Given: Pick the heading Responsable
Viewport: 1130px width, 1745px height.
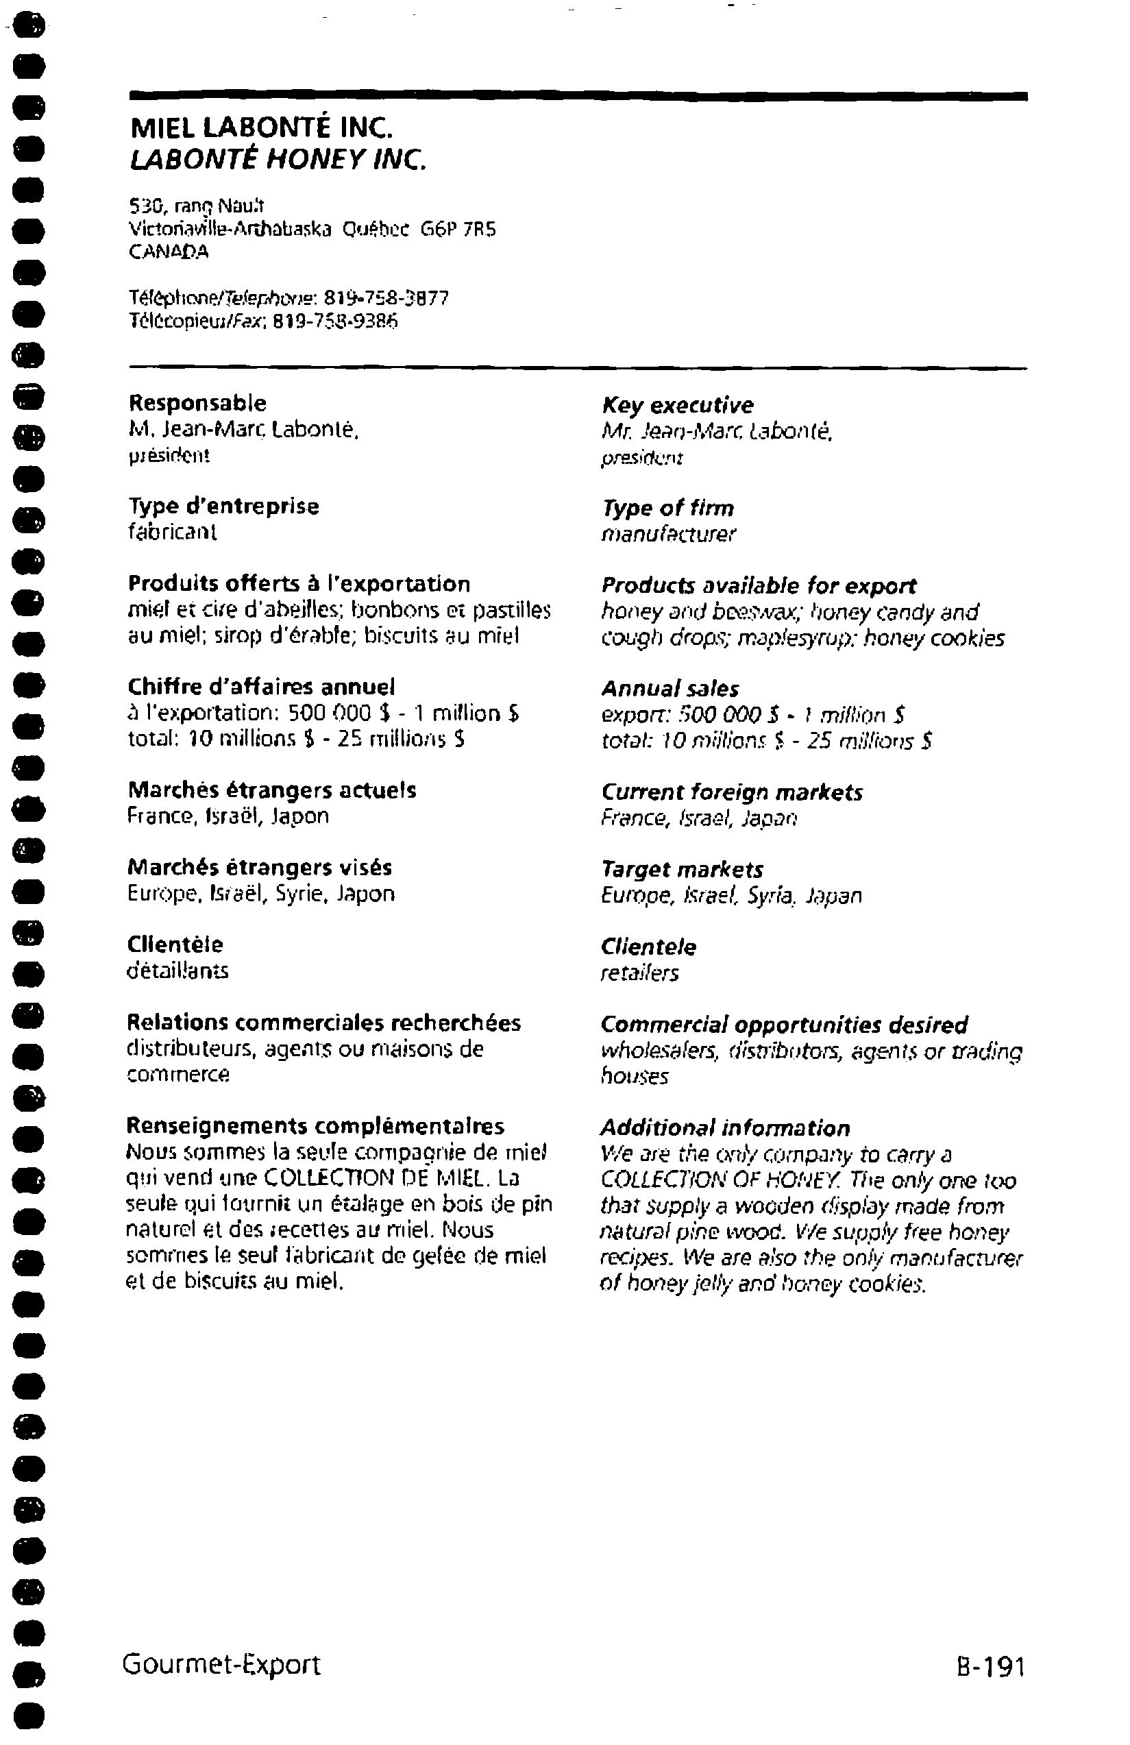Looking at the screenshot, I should coord(197,402).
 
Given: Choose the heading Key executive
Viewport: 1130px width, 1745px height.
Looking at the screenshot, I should coord(677,405).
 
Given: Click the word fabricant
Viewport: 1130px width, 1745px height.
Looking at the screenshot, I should coord(172,533).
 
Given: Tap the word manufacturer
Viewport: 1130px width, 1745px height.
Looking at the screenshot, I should coord(668,534).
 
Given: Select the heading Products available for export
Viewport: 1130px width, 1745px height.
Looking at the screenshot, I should coord(758,586).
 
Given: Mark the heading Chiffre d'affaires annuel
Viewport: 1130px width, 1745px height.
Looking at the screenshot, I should coord(261,687).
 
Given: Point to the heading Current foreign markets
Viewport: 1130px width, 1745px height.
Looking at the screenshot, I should coord(732,792).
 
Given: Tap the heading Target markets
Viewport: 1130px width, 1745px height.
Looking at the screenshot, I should coord(682,870).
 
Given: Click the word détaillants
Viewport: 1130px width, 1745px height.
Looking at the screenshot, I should coord(178,971).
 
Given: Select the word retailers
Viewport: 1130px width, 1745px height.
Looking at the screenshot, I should coord(639,973).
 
